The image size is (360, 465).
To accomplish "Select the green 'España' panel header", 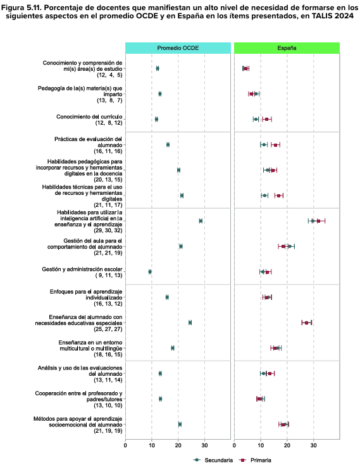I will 287,47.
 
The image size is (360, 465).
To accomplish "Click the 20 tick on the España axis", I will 287,447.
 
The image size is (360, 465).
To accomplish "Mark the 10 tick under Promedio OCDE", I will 152,447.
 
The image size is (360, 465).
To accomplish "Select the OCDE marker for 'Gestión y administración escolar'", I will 150,271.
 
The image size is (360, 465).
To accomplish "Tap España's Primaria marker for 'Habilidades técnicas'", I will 279,195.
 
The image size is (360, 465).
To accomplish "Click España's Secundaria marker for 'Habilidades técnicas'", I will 264,195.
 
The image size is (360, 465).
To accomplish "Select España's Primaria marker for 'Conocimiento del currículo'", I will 267,119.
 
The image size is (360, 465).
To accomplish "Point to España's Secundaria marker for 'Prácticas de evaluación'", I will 264,145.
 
